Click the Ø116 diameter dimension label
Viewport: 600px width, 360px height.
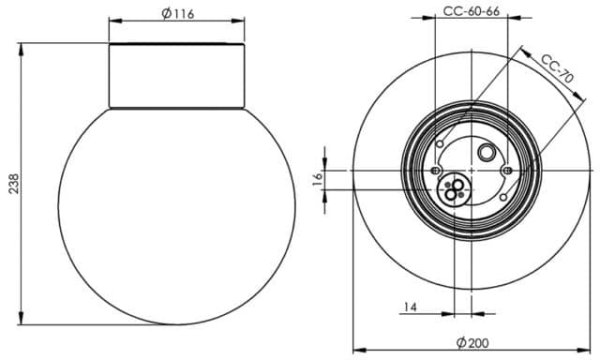pyautogui.click(x=178, y=13)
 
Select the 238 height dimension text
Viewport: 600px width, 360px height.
pyautogui.click(x=14, y=184)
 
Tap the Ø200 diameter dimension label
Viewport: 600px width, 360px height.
pyautogui.click(x=473, y=343)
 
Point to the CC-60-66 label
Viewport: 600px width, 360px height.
pyautogui.click(x=471, y=11)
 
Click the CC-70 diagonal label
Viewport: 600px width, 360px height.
pyautogui.click(x=558, y=69)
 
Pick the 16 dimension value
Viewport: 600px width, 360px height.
pyautogui.click(x=318, y=179)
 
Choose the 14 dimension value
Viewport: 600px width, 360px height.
pyautogui.click(x=410, y=306)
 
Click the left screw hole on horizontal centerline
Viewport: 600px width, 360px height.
pyautogui.click(x=435, y=170)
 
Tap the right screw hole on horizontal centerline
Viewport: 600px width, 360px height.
pyautogui.click(x=507, y=170)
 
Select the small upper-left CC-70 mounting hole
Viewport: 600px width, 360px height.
pyautogui.click(x=440, y=144)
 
